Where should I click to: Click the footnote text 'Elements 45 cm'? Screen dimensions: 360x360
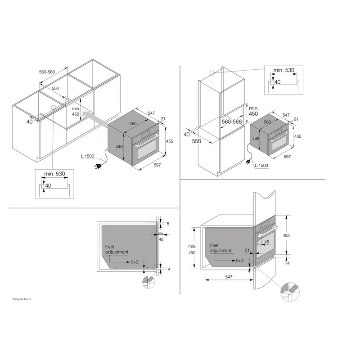click(x=22, y=299)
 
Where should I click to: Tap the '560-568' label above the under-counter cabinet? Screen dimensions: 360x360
click(x=47, y=72)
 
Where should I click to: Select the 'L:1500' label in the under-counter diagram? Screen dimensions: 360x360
click(x=87, y=156)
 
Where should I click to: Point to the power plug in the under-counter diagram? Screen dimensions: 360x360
click(x=98, y=166)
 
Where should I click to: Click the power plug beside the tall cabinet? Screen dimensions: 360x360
click(x=249, y=162)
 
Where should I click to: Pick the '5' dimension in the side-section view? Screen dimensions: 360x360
click(x=168, y=224)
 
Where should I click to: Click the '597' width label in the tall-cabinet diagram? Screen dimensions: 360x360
click(x=287, y=157)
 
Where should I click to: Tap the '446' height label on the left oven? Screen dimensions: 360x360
click(x=119, y=147)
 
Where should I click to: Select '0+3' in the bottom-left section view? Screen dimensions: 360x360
click(x=135, y=262)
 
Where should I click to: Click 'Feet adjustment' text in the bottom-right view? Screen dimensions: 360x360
click(x=220, y=248)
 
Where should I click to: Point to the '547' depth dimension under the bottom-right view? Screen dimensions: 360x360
click(x=229, y=277)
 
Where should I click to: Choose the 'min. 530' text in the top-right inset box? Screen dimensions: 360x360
click(x=283, y=70)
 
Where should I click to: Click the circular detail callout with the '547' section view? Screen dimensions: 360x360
click(x=290, y=292)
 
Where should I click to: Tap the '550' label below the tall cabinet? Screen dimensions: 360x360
click(x=197, y=141)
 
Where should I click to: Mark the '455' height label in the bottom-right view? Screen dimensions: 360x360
click(x=286, y=235)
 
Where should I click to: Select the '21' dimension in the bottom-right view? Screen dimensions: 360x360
click(x=247, y=250)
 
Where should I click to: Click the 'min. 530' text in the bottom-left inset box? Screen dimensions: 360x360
click(x=54, y=174)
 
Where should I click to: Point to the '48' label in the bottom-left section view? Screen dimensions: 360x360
click(x=161, y=239)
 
